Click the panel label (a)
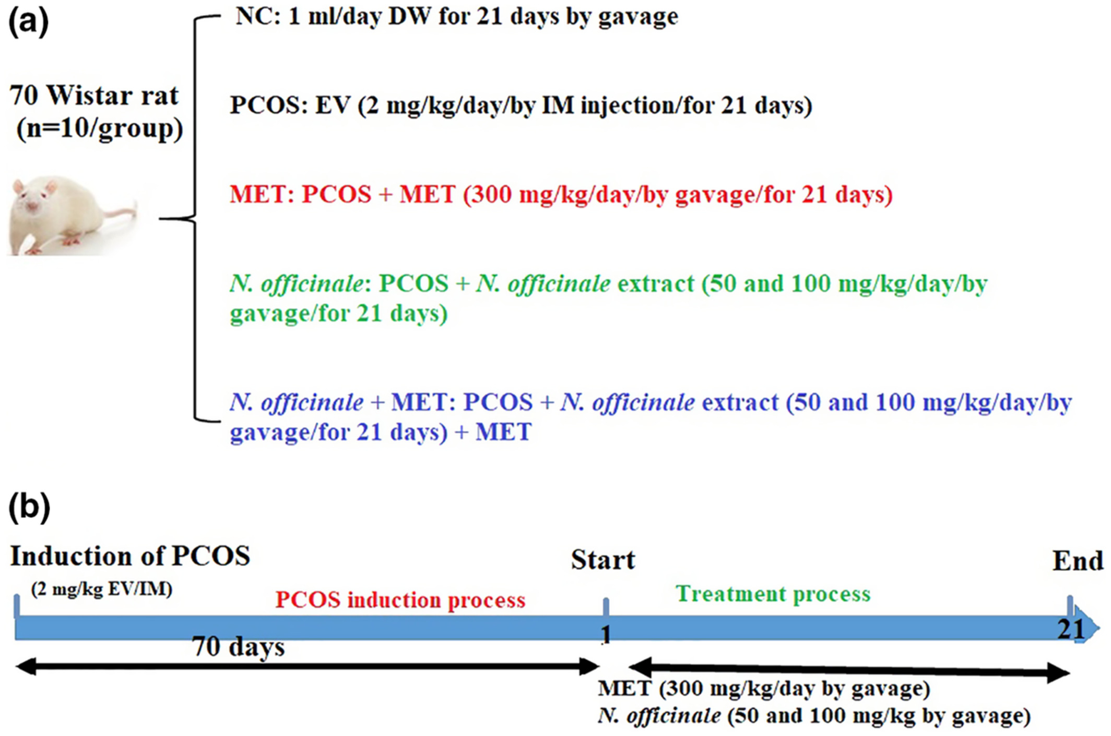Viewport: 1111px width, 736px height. (x=29, y=22)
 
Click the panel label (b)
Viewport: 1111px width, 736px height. (x=29, y=507)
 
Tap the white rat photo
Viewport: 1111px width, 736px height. (x=73, y=216)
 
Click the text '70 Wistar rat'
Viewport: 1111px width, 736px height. (x=94, y=96)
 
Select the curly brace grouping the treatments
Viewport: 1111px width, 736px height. (x=195, y=219)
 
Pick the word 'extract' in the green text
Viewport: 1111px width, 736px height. (x=656, y=284)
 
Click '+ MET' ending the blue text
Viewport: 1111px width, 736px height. (x=493, y=432)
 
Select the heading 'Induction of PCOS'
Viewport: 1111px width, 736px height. (x=130, y=556)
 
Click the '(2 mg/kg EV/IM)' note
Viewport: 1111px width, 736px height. (x=102, y=589)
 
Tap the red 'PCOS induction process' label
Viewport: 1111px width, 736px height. (x=400, y=600)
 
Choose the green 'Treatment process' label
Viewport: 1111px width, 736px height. (x=773, y=594)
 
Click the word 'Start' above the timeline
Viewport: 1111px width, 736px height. (x=603, y=560)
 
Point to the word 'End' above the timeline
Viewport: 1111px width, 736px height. (x=1078, y=561)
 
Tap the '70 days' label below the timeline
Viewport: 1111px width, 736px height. (x=239, y=647)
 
